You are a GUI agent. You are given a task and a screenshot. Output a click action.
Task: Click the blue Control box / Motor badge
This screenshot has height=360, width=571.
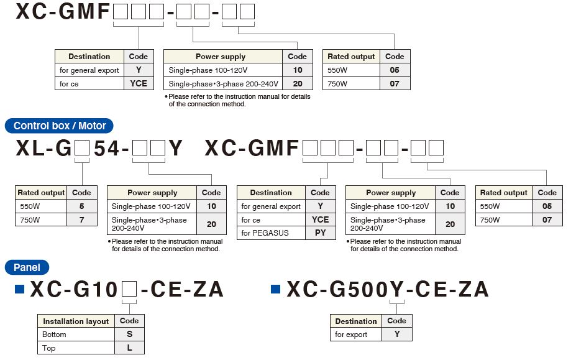point(59,126)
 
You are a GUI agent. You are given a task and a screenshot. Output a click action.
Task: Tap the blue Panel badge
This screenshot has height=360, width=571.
point(27,267)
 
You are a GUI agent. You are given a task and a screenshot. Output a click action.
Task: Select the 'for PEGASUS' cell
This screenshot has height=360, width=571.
point(271,233)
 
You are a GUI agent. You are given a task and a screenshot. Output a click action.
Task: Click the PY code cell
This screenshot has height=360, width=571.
point(321,233)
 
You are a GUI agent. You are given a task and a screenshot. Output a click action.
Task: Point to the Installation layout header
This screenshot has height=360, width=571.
point(76,321)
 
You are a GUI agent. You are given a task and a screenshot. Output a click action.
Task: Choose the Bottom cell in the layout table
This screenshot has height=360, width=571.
point(76,335)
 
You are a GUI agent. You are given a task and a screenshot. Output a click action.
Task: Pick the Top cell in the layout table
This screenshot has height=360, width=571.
point(76,348)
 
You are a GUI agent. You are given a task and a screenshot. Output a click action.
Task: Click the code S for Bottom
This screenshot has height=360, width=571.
point(130,335)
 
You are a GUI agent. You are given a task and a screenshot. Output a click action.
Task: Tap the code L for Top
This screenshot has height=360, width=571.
point(130,348)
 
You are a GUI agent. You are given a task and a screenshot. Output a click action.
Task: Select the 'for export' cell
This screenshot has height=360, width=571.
point(356,335)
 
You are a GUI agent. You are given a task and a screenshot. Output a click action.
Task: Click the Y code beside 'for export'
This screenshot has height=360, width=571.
point(397,335)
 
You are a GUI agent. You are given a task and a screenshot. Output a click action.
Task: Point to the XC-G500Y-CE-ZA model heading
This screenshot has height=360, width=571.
point(388,289)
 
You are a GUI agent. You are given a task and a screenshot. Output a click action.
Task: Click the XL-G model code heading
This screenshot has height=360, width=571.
point(99,149)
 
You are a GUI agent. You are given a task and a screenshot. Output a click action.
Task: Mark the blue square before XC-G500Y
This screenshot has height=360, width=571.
point(276,289)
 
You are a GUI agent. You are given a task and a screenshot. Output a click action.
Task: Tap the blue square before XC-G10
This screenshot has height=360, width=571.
point(19,289)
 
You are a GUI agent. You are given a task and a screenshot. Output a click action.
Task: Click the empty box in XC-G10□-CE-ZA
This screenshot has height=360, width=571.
point(129,290)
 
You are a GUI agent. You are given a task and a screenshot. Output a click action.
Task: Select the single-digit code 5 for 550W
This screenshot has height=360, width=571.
point(81,206)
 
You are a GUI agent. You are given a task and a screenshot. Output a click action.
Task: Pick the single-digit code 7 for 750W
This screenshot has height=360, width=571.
point(81,219)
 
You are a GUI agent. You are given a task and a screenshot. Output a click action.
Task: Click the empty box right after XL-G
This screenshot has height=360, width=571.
point(82,149)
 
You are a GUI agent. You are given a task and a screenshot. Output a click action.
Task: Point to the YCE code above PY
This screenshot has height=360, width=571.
point(321,219)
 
